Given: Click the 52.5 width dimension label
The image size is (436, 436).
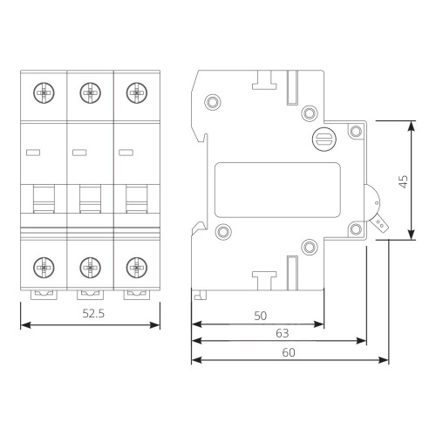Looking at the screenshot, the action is click(x=93, y=313).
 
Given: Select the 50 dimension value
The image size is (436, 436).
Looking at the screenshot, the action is click(x=260, y=316).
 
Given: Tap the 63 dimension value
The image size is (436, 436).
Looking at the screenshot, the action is click(x=283, y=333).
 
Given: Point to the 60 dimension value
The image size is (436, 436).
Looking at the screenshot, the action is click(x=289, y=352).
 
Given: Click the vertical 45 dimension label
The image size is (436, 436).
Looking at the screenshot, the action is click(x=404, y=181).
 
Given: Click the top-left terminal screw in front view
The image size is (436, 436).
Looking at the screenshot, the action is click(x=44, y=93).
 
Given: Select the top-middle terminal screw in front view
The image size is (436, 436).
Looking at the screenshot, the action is click(x=90, y=93).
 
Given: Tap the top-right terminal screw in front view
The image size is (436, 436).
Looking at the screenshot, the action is click(x=137, y=93).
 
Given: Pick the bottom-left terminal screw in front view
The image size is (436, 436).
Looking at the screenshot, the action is click(x=44, y=268).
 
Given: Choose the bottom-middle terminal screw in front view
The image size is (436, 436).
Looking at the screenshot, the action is click(x=90, y=268).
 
